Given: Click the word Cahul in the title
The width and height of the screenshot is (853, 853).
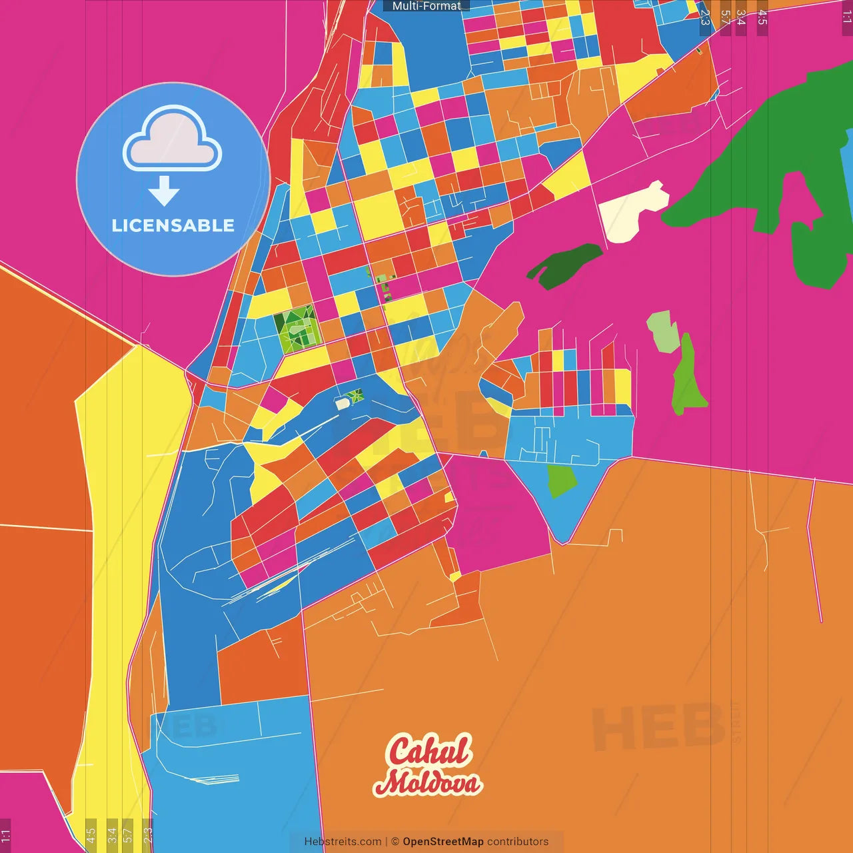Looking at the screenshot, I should pyautogui.click(x=429, y=751).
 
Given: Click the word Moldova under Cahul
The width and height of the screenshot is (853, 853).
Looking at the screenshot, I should pyautogui.click(x=427, y=783).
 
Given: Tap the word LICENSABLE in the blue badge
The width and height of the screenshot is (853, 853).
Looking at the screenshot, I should pyautogui.click(x=173, y=226).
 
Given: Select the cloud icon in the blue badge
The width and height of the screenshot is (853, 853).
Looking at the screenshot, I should pyautogui.click(x=172, y=138).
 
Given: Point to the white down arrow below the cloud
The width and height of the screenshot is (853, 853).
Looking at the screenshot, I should pyautogui.click(x=164, y=191).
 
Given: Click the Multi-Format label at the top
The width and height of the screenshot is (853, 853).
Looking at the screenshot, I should pyautogui.click(x=426, y=6).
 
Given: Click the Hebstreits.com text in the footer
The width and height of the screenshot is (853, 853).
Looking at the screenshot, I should pyautogui.click(x=343, y=842).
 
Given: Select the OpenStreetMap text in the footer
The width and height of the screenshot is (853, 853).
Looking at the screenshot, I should pyautogui.click(x=442, y=842).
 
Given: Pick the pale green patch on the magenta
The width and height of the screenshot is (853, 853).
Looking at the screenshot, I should pyautogui.click(x=662, y=331).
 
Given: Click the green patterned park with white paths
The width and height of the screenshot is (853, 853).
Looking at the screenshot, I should pyautogui.click(x=297, y=329).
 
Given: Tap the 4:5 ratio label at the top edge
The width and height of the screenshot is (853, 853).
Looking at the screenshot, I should pyautogui.click(x=762, y=17).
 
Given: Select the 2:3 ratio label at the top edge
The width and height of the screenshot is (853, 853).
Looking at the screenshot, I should pyautogui.click(x=704, y=17).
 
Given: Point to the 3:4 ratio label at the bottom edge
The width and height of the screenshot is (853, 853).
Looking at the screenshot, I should pyautogui.click(x=112, y=835).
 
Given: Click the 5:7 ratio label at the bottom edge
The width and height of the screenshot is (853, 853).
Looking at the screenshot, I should pyautogui.click(x=128, y=835).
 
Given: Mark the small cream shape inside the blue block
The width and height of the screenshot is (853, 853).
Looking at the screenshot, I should pyautogui.click(x=343, y=404).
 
